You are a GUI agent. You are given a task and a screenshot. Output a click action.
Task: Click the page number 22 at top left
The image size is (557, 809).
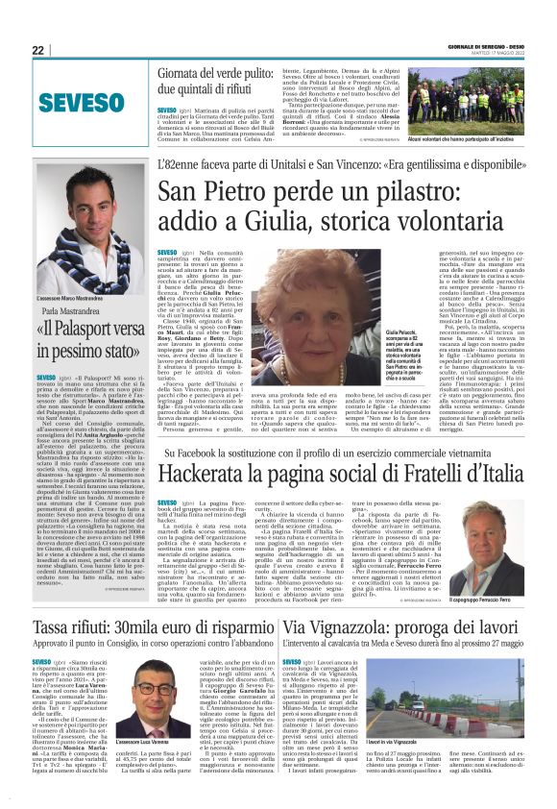coord(38,50)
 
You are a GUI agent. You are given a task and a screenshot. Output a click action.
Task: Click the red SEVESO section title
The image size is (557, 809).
coord(64,100)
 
